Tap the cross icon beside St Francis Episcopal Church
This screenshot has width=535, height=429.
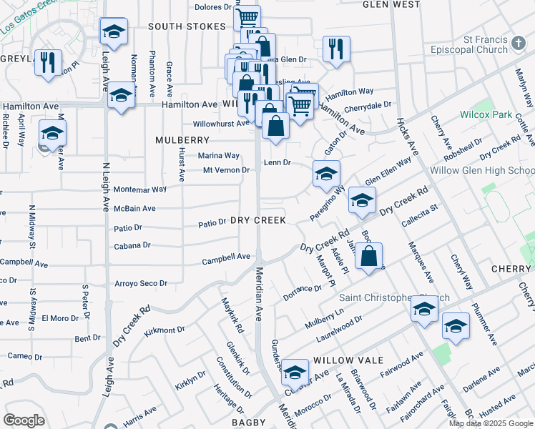tap(520, 45)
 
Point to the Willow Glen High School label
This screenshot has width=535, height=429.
tap(482, 171)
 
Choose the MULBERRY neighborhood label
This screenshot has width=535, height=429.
tap(182, 140)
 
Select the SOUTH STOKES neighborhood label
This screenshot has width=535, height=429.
tap(186, 26)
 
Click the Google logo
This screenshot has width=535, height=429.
tap(24, 420)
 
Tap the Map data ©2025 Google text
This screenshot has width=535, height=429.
tap(491, 423)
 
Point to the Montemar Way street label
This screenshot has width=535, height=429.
tap(140, 189)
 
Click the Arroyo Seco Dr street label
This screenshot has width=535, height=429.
tap(140, 284)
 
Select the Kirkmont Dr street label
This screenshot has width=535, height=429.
tap(165, 331)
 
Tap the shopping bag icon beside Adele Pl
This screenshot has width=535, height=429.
tap(368, 257)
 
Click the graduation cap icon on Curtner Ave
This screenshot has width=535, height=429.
tap(295, 373)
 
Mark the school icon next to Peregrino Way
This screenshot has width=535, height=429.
tap(326, 174)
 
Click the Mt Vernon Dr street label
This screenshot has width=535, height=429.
tap(226, 170)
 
